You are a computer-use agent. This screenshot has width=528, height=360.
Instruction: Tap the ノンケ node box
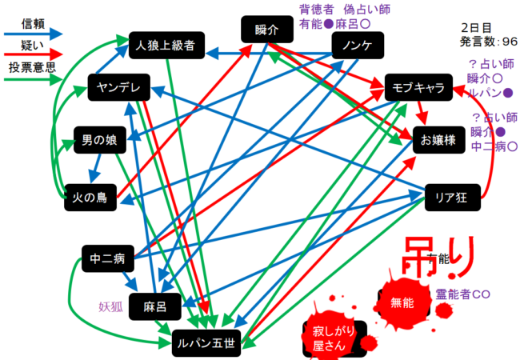tap(356, 46)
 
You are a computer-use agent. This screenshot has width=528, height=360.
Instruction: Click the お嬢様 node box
tap(438, 140)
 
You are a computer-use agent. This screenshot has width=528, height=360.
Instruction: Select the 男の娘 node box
tap(100, 141)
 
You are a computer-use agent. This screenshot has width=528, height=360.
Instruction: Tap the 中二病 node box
tap(108, 259)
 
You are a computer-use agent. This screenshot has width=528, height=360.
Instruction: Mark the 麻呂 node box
tap(155, 306)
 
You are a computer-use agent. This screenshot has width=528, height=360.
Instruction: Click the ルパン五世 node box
tap(206, 344)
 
